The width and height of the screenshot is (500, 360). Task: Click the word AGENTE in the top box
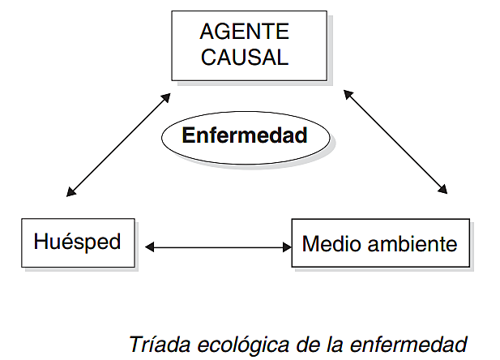coord(245,32)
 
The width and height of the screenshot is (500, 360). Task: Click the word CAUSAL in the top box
coord(245,58)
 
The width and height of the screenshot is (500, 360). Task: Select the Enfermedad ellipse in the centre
coord(245,135)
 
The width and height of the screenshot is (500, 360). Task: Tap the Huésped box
coord(77,242)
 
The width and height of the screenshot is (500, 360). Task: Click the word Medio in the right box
coord(325,243)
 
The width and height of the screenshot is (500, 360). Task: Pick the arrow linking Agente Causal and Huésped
coord(119,145)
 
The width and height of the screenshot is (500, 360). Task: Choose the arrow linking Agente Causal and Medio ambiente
coord(395,142)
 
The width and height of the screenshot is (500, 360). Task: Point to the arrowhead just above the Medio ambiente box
coord(442,190)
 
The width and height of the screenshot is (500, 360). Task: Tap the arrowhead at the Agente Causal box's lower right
coord(348,94)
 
